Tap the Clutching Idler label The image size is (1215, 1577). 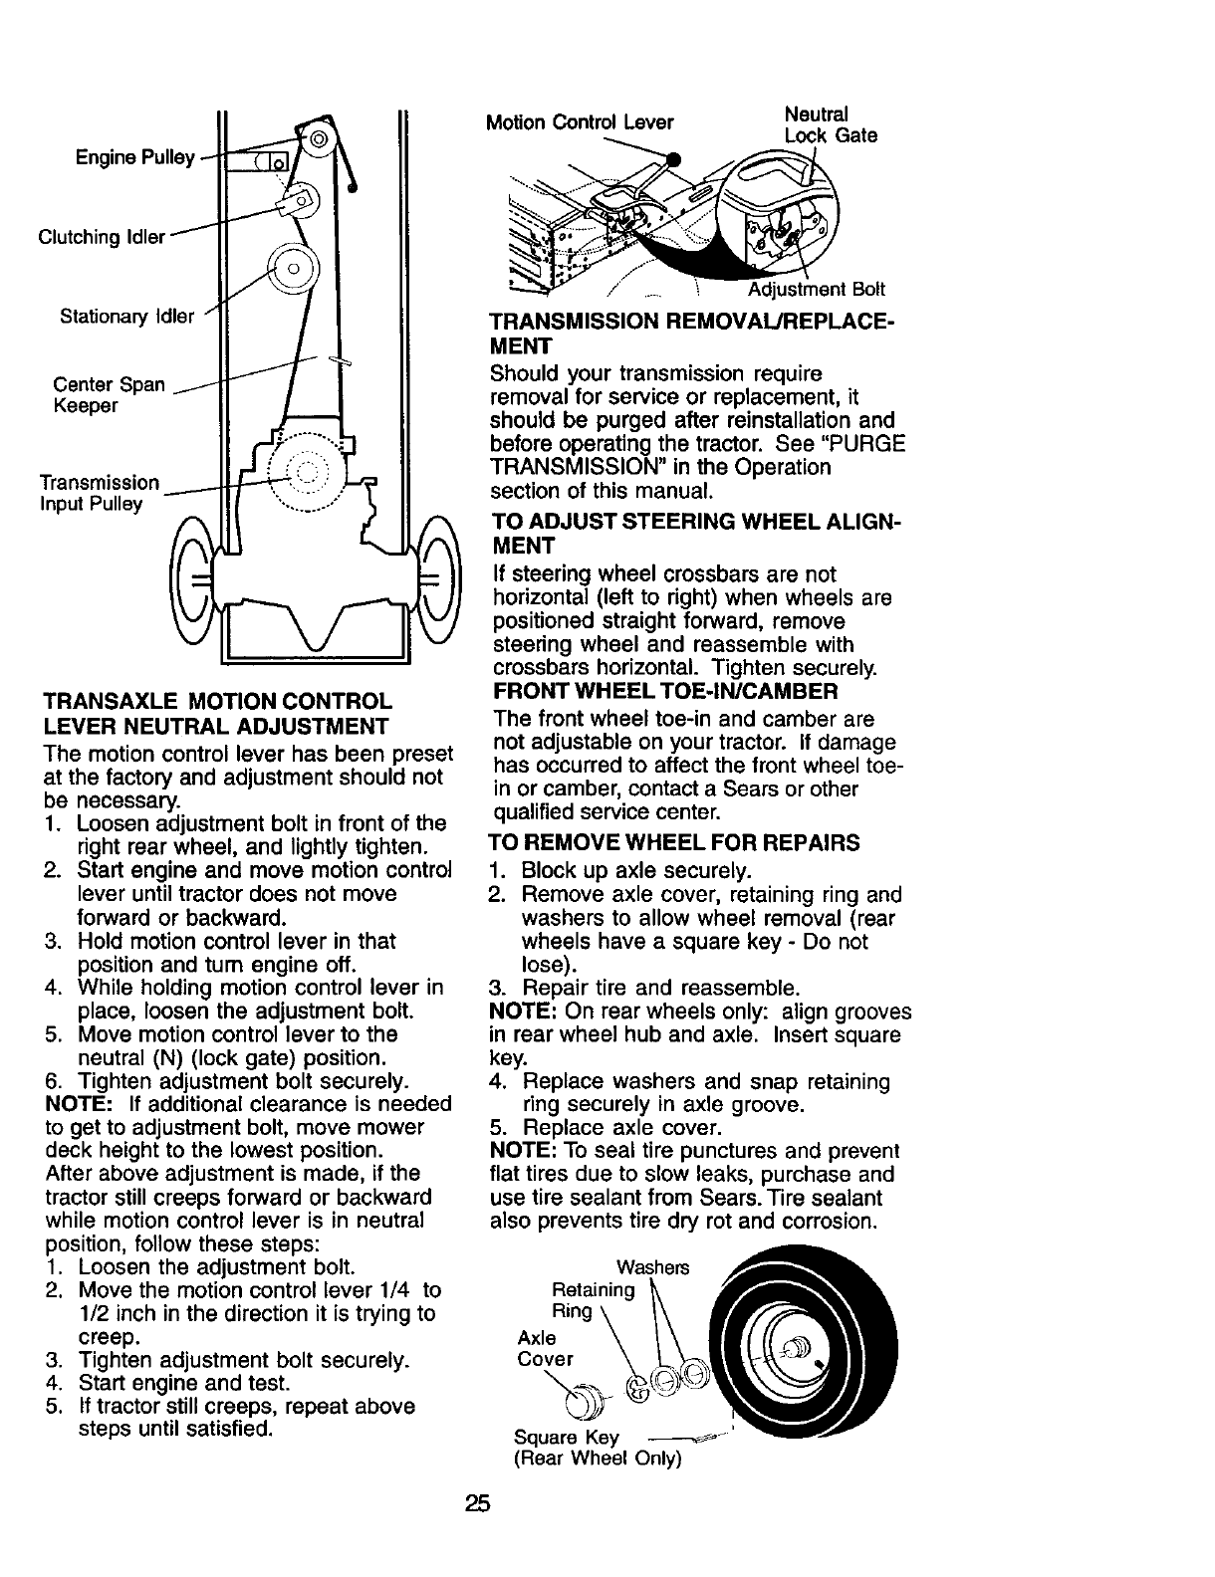click(x=101, y=238)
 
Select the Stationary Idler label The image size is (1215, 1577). click(x=126, y=317)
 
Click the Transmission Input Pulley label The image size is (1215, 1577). click(x=99, y=493)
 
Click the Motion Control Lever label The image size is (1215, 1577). click(x=579, y=122)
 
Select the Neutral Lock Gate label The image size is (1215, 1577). click(x=830, y=124)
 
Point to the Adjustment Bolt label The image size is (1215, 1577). click(x=816, y=290)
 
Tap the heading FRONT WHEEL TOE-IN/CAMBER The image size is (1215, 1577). click(x=665, y=691)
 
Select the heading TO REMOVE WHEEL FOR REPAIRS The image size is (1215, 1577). click(x=675, y=843)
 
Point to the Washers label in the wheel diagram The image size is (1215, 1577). click(x=653, y=1267)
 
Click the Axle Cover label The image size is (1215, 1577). click(x=545, y=1348)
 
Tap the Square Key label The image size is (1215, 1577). click(x=566, y=1438)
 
